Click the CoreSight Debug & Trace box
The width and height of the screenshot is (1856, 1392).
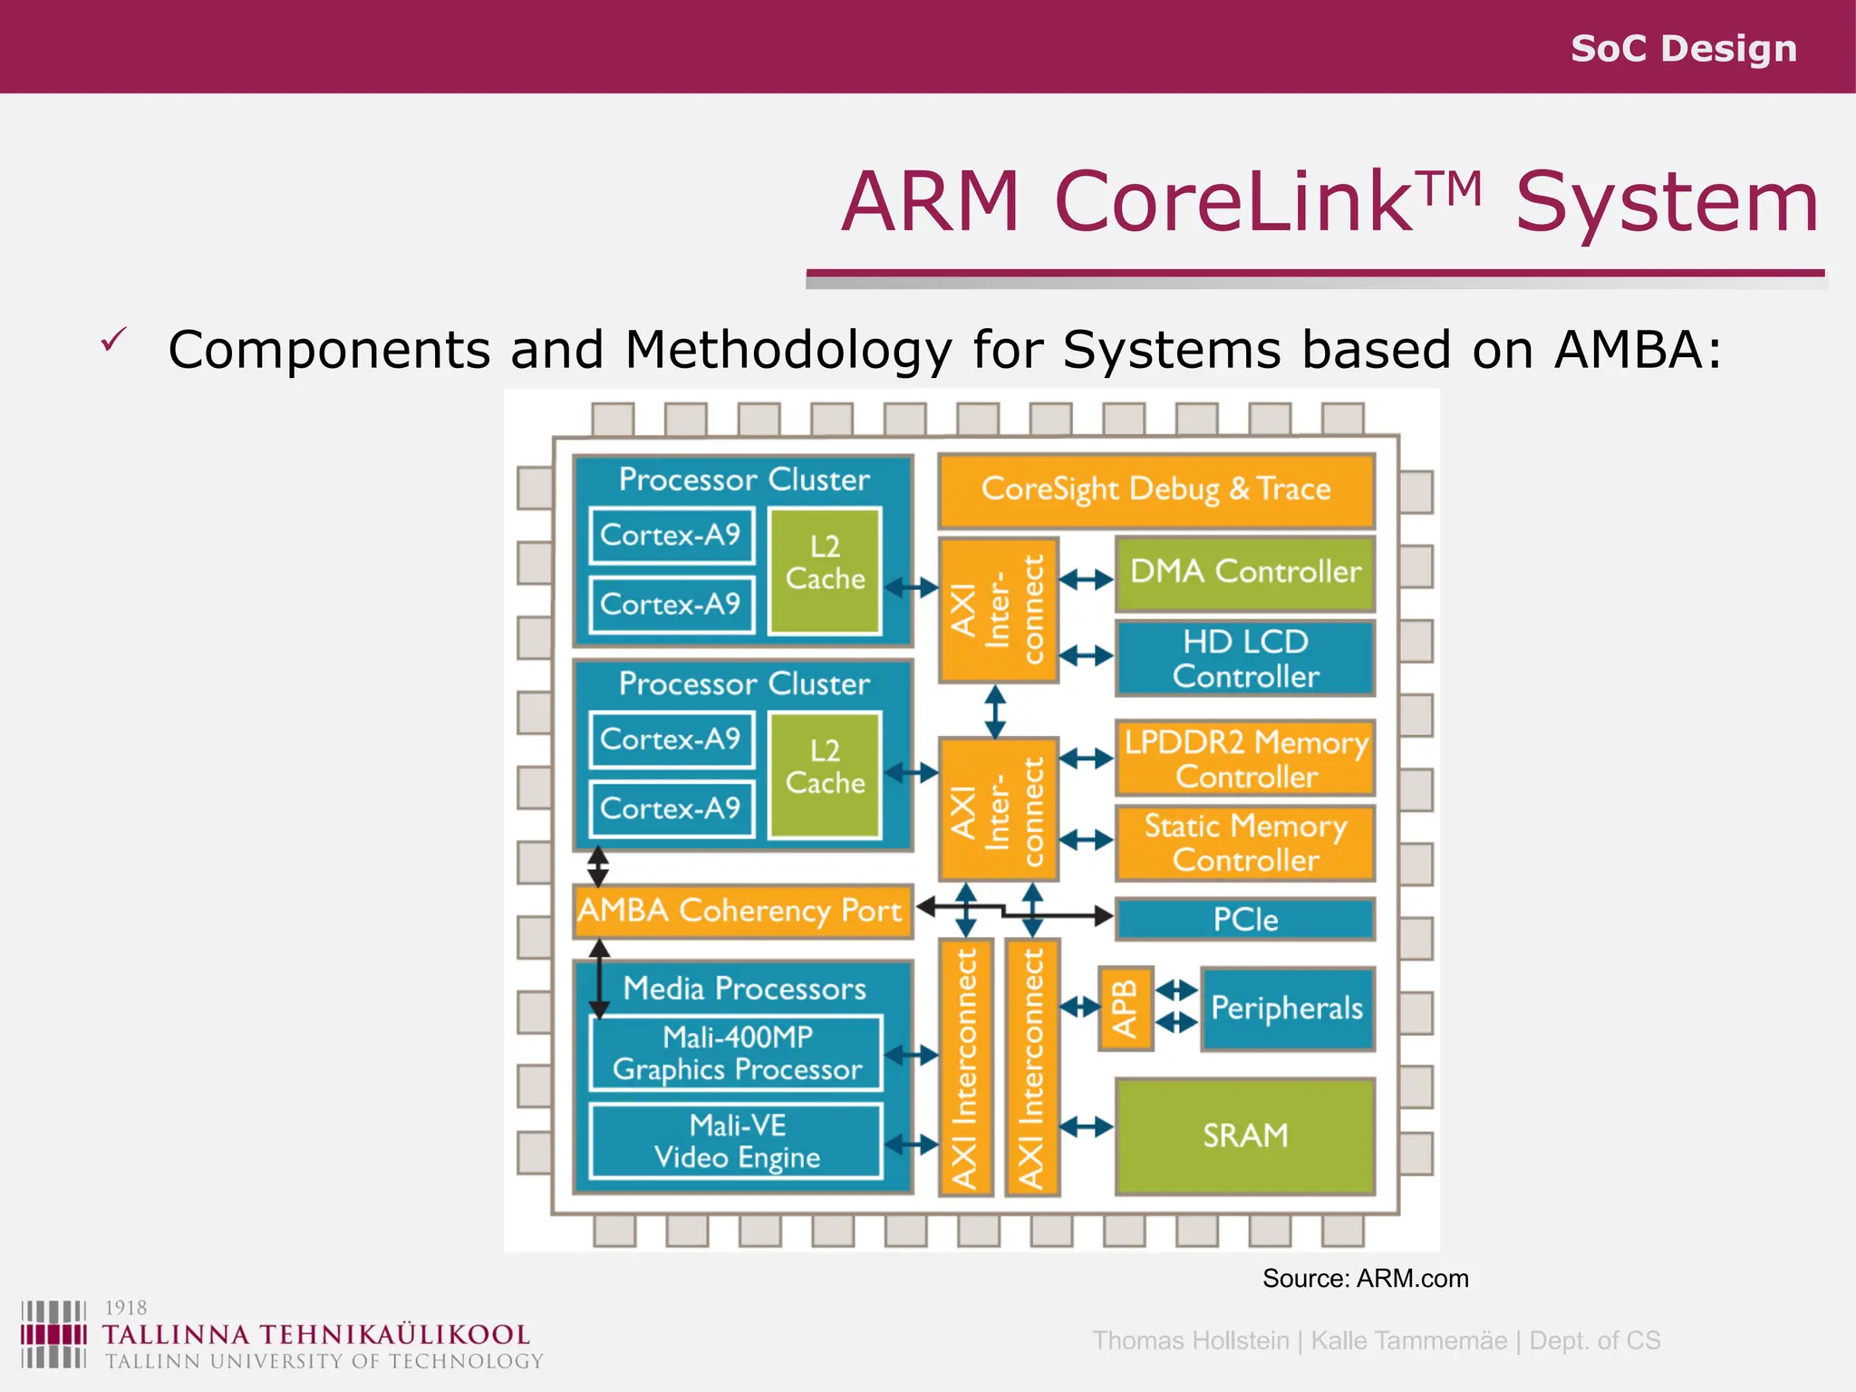[x=1156, y=490]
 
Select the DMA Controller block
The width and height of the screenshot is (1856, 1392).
[x=1245, y=573]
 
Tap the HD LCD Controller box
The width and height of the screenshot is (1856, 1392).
[x=1245, y=659]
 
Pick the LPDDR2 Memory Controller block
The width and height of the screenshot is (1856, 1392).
[x=1245, y=759]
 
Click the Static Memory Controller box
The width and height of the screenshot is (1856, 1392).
[x=1245, y=843]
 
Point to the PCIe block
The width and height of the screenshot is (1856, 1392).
[x=1245, y=920]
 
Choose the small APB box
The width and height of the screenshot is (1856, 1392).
[x=1125, y=1009]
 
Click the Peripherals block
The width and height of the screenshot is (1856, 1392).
[x=1287, y=1009]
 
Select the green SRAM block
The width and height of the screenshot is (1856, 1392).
[x=1245, y=1136]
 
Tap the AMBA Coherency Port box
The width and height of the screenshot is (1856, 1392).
[x=741, y=911]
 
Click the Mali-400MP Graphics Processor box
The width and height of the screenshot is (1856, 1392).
[x=736, y=1053]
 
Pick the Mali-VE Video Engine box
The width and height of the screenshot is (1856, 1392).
[x=736, y=1141]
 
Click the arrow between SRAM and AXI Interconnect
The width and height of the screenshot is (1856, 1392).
[x=1086, y=1127]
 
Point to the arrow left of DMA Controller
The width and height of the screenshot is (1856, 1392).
[x=1086, y=579]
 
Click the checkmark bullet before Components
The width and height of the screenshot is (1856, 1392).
[x=113, y=341]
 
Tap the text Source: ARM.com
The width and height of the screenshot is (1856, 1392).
[x=1365, y=1279]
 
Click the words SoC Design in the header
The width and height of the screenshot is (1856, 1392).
[x=1683, y=48]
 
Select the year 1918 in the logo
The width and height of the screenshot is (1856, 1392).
[x=125, y=1308]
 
